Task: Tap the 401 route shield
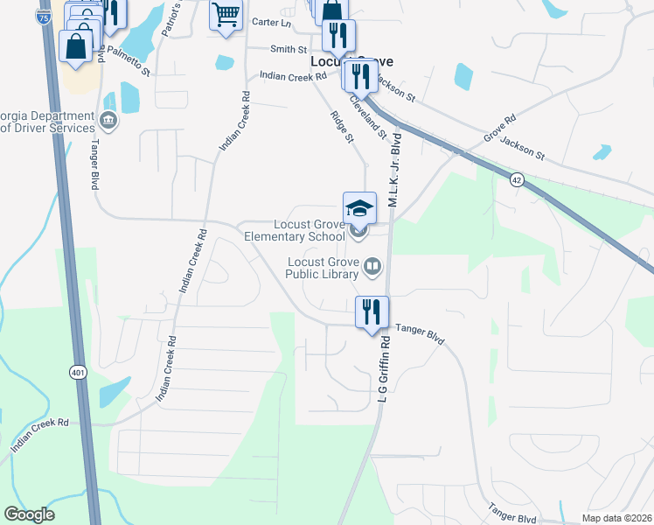coord(79,373)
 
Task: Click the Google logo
coord(29,514)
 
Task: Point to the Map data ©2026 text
coord(617,518)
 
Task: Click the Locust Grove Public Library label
coord(322,267)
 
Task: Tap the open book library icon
coord(372,266)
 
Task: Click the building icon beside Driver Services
coord(108,119)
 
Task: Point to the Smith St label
coord(289,50)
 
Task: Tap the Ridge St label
coord(342,127)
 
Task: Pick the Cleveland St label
coord(369,117)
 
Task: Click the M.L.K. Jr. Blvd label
coord(394,171)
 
